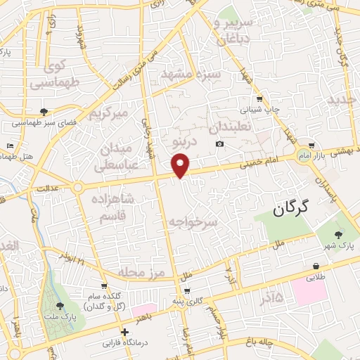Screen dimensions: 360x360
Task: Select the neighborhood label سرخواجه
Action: [x=193, y=221]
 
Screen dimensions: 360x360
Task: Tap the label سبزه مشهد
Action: [x=192, y=74]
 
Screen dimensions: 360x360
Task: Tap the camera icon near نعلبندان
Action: [x=220, y=144]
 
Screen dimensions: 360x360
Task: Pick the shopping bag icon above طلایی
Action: [x=316, y=266]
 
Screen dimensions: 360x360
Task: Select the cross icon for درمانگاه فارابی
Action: [x=124, y=332]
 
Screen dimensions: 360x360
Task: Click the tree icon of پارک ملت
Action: [x=60, y=306]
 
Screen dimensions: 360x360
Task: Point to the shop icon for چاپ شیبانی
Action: [x=259, y=99]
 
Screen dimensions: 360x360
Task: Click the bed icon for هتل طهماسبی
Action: [x=10, y=146]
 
